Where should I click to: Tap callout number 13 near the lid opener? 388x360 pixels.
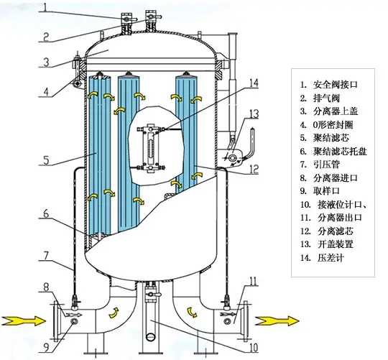254,114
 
